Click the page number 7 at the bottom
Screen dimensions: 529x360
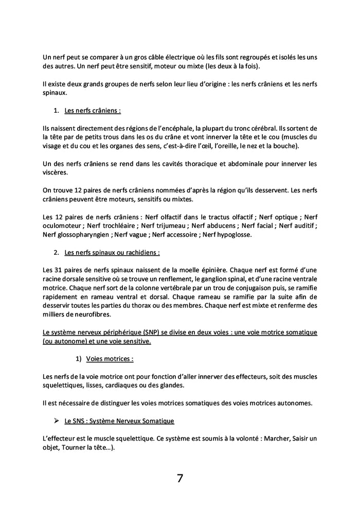point(180,478)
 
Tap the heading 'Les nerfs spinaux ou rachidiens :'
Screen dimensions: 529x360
point(112,253)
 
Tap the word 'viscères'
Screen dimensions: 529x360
point(55,173)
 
